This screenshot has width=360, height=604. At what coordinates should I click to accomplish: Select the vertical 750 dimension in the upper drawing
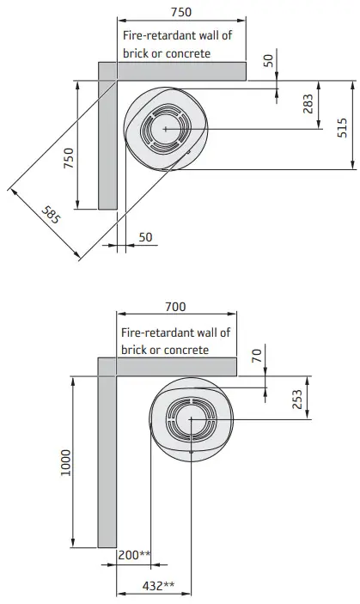(x=68, y=159)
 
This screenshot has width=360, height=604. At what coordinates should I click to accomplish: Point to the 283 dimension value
(x=307, y=106)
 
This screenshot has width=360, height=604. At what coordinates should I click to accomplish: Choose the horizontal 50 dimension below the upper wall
(x=145, y=236)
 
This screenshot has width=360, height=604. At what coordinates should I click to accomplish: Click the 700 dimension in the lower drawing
(x=175, y=307)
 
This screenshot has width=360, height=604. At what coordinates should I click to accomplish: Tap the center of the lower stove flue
(x=191, y=419)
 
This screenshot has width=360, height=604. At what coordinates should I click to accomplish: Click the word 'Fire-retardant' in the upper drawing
(x=150, y=36)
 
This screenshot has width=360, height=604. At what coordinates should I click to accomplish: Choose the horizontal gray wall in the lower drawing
(x=176, y=367)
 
